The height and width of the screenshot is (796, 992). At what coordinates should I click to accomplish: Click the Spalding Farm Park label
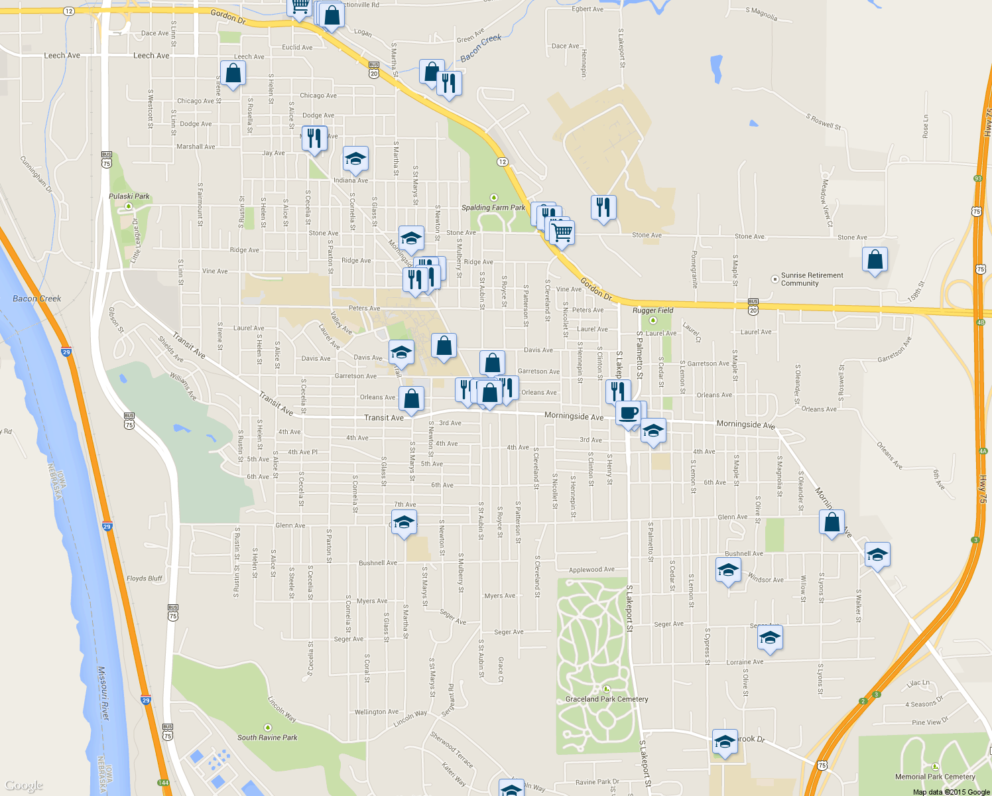493,208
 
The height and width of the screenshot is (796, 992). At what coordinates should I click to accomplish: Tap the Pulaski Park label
129,196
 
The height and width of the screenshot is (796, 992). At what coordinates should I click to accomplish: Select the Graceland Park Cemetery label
607,699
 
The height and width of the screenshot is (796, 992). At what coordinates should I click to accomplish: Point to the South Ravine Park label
267,738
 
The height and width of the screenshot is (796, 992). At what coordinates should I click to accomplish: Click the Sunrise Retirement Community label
812,279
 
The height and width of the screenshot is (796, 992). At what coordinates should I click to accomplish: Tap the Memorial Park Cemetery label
935,777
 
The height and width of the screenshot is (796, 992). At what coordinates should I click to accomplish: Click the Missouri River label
105,693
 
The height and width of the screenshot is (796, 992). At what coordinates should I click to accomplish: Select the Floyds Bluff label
145,578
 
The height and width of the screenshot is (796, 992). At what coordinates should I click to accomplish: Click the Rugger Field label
653,310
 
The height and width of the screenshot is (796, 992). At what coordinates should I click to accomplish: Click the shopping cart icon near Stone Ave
562,232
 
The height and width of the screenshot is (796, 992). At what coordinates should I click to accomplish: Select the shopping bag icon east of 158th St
875,260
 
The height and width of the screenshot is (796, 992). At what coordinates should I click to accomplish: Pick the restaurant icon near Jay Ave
314,139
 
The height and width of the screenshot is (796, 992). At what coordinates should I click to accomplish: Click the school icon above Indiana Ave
355,159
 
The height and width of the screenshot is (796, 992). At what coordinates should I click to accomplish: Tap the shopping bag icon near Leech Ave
233,73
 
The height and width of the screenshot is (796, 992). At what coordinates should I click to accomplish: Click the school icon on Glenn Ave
404,523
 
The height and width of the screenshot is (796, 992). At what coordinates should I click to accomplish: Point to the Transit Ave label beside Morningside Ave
383,418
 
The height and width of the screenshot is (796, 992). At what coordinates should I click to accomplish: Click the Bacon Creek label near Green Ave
481,48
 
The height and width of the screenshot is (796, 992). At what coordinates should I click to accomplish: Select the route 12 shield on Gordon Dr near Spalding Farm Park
502,162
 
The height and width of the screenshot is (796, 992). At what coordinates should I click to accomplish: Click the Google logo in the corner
23,786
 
